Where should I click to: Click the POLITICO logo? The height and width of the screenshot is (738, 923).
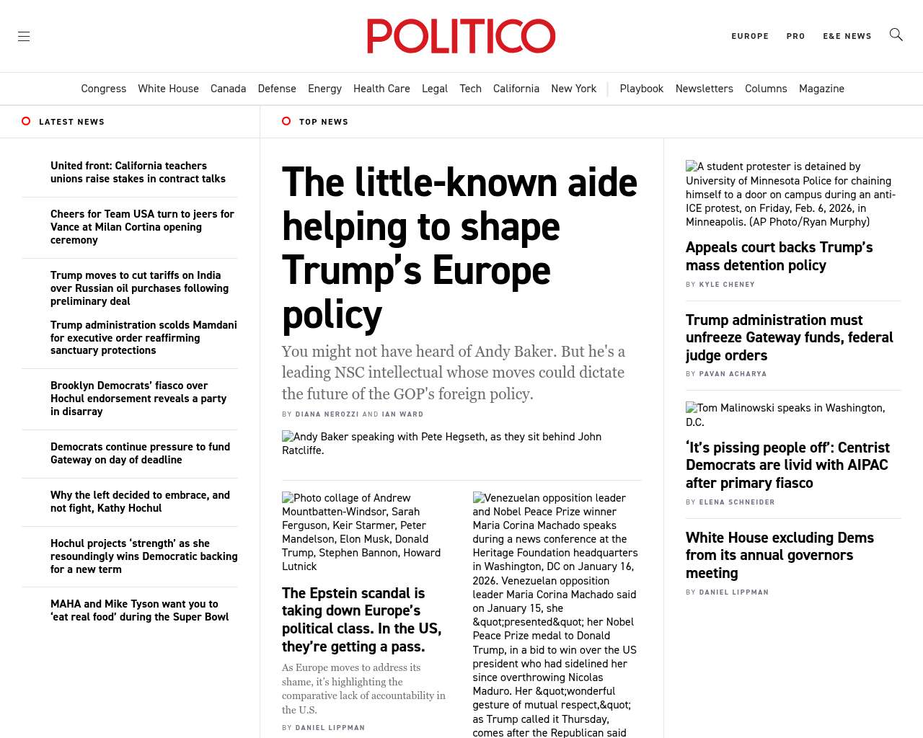tap(461, 36)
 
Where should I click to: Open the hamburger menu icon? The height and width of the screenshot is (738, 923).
tap(24, 36)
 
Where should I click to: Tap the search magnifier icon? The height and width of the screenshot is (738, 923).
tap(896, 35)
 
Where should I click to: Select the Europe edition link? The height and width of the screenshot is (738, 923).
tap(750, 36)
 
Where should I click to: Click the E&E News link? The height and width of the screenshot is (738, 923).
tap(847, 36)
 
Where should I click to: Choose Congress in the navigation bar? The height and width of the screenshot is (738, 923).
tap(103, 89)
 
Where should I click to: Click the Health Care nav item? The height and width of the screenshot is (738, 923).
tap(381, 89)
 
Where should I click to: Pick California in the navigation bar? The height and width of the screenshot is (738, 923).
tap(516, 89)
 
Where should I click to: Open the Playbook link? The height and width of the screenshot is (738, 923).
tap(641, 89)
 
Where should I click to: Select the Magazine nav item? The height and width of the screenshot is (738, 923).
tap(821, 89)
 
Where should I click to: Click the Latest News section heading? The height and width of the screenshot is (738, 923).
tap(71, 122)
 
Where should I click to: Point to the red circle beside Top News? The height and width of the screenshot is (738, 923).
tap(286, 121)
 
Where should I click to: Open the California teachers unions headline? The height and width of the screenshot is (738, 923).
tap(138, 172)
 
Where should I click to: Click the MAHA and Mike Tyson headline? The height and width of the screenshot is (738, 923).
tap(139, 610)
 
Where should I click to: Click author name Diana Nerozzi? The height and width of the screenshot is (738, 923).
tap(327, 414)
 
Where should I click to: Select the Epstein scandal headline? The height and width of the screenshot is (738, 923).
tap(361, 620)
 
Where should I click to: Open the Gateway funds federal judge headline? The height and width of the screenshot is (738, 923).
tap(789, 337)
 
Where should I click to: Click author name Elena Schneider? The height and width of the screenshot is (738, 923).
tap(737, 502)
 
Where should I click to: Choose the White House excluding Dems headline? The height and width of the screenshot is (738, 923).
tap(780, 555)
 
